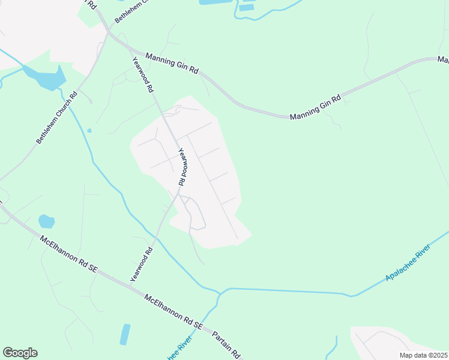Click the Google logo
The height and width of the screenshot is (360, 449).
pyautogui.click(x=20, y=353)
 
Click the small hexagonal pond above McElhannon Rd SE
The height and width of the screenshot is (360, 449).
pyautogui.click(x=46, y=221)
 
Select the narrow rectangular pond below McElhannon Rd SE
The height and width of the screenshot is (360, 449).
pyautogui.click(x=125, y=334)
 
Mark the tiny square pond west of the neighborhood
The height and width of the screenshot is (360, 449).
pyautogui.click(x=89, y=130)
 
